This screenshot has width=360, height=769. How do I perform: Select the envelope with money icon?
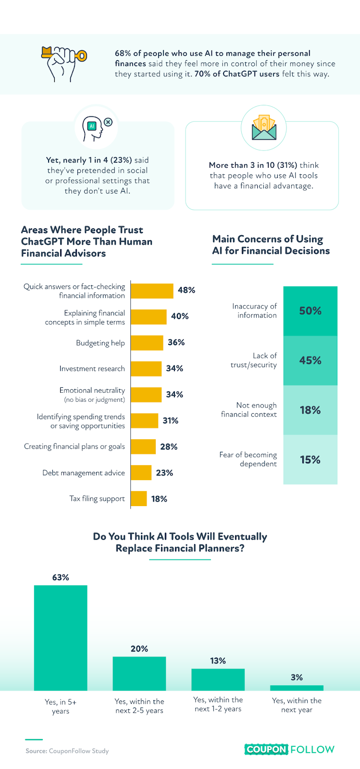263,128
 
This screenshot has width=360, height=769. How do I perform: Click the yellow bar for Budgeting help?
147,343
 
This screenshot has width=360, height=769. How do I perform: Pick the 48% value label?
186,290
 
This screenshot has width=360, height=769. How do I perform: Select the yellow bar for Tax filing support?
139,498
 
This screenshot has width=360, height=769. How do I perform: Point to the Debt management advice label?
84,473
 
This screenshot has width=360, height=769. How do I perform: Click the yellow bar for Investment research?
146,369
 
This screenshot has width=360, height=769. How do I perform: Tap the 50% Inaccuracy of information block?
310,311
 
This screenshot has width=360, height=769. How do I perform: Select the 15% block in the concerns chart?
310,459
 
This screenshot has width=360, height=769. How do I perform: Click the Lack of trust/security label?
254,360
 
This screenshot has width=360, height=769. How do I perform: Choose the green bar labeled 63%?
61,637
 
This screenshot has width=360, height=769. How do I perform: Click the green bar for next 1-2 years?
218,679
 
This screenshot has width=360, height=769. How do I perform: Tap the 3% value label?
297,677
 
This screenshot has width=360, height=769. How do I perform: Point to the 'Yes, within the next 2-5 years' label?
139,706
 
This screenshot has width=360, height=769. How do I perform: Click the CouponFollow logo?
289,749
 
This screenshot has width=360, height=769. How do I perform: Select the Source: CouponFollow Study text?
67,751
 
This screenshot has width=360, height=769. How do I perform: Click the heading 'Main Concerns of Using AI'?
271,245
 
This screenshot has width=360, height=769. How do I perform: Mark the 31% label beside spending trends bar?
171,421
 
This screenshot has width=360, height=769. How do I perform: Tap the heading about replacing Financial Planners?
180,543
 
